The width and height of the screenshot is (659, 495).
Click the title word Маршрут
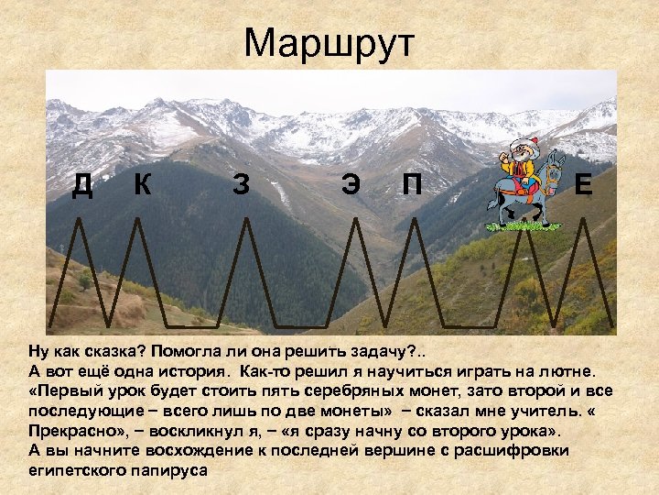coord(329,42)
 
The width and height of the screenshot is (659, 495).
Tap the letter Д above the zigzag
coord(83,185)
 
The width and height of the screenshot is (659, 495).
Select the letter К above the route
coord(142,184)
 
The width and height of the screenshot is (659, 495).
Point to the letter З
coord(241,185)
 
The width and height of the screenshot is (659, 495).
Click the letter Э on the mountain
coord(350,185)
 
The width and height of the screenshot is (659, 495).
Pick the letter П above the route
coord(413,185)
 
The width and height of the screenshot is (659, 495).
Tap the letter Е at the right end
coord(583,185)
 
